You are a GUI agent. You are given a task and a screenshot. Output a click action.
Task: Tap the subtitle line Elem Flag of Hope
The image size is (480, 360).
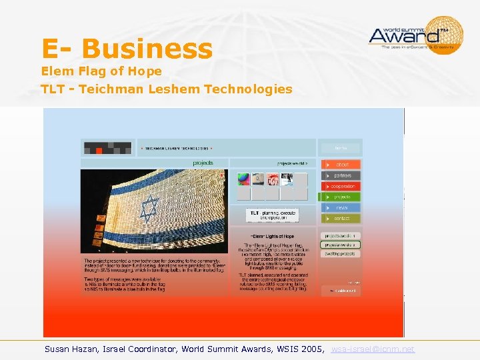point(101,71)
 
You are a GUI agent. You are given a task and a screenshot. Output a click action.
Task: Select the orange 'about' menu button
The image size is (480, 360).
point(341,164)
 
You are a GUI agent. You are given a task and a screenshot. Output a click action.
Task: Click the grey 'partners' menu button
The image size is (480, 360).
point(341,175)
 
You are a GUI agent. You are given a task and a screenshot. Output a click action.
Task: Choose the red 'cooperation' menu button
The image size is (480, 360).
point(341,186)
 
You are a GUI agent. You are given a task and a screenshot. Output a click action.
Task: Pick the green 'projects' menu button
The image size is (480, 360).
point(341,197)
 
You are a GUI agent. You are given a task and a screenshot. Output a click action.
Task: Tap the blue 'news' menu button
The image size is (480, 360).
point(341,207)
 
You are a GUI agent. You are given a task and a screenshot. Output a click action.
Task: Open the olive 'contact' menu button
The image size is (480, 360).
point(341,218)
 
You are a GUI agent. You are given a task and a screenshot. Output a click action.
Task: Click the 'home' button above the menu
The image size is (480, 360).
point(340,148)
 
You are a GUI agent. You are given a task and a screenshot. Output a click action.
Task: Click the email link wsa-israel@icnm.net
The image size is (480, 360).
point(373,349)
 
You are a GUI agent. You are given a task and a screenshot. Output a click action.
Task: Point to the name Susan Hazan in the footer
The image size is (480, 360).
point(69,349)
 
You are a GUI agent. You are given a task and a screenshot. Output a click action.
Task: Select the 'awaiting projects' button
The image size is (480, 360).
point(340,254)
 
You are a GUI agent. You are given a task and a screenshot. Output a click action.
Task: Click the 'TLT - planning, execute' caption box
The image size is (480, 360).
point(272,215)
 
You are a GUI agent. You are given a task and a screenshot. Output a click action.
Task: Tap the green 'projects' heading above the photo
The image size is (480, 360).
point(203,163)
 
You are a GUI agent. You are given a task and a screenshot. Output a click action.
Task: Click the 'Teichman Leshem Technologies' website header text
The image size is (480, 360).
point(177,148)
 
